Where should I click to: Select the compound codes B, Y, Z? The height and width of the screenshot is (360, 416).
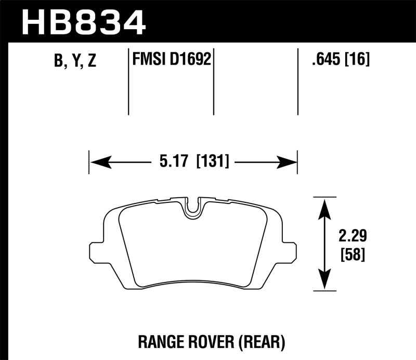pos(75,61)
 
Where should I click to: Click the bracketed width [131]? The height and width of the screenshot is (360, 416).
pos(212,162)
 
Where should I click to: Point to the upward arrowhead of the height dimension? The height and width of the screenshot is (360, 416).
pos(324,205)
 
